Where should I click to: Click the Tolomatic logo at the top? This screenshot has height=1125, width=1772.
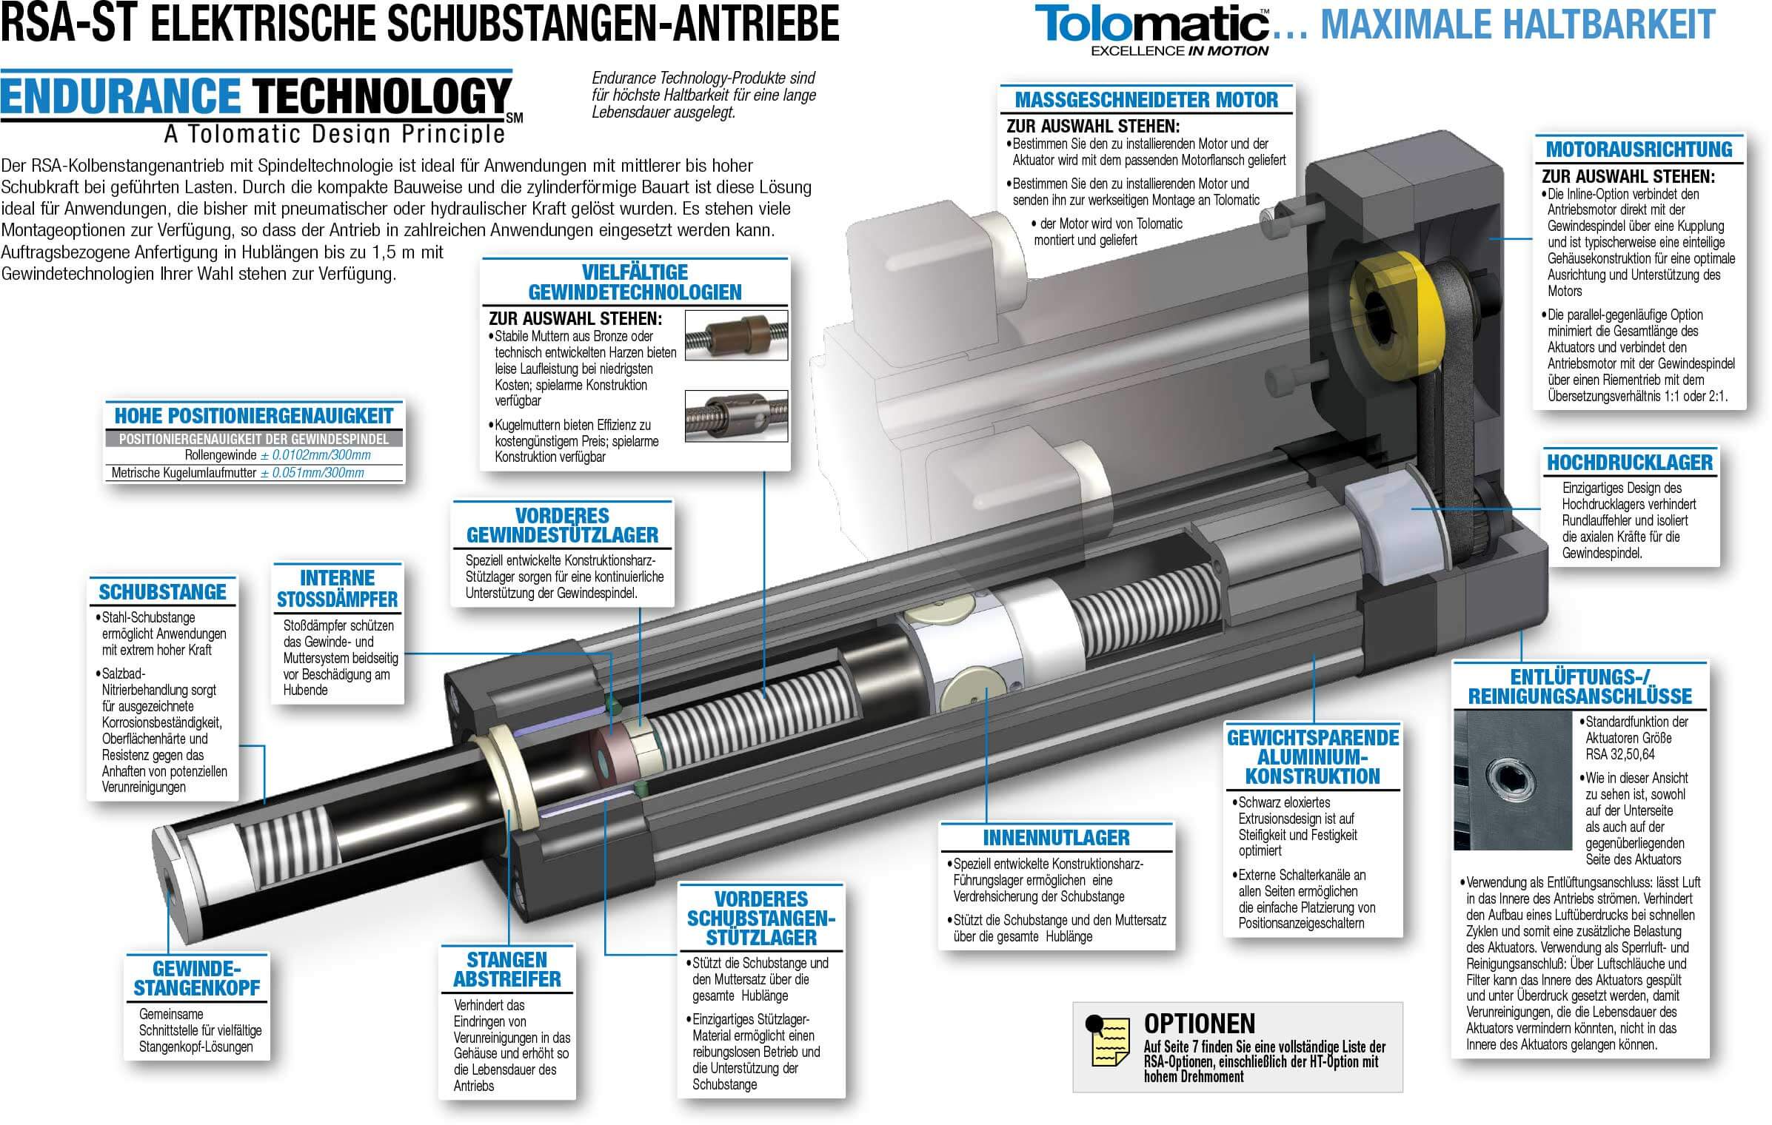click(1151, 30)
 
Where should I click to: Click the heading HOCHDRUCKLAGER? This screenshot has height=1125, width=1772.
click(1630, 463)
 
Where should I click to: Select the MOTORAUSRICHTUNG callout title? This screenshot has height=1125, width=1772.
click(1639, 150)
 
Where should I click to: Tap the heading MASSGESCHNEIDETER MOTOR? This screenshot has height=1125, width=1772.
click(1146, 100)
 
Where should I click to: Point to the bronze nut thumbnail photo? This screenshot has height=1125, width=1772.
click(735, 335)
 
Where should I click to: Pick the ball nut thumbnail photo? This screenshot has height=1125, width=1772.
click(735, 416)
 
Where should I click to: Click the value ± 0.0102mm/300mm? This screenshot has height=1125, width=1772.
click(315, 455)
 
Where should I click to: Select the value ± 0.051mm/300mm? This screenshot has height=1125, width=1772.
click(312, 473)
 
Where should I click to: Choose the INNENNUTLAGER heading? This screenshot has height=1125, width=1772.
click(1056, 838)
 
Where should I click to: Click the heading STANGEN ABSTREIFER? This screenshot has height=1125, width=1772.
click(507, 970)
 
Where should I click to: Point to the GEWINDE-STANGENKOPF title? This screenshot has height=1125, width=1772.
click(196, 978)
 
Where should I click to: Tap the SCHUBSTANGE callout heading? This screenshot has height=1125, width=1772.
click(162, 592)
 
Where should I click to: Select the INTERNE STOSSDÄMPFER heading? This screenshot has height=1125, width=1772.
click(337, 588)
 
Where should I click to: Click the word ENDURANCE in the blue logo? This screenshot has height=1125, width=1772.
click(120, 96)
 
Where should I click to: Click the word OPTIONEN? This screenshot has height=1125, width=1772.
click(1200, 1024)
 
